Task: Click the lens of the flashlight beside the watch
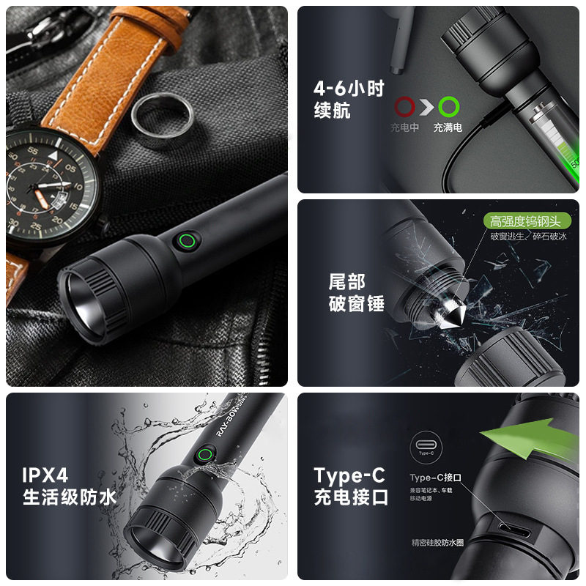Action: point(86,301)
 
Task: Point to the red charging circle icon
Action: point(405,108)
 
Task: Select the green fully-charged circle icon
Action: point(449,108)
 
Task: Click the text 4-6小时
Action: point(349,89)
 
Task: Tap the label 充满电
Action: point(448,127)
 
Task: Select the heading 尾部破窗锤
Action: point(356,292)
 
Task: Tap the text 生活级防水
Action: point(70,498)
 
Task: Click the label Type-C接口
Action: point(435,478)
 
